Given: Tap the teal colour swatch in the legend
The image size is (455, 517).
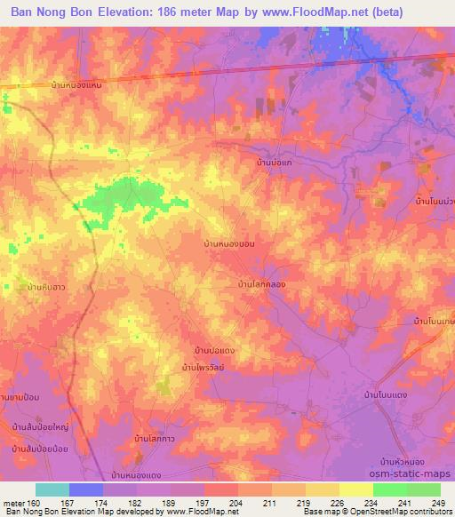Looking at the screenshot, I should click(x=52, y=489).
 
